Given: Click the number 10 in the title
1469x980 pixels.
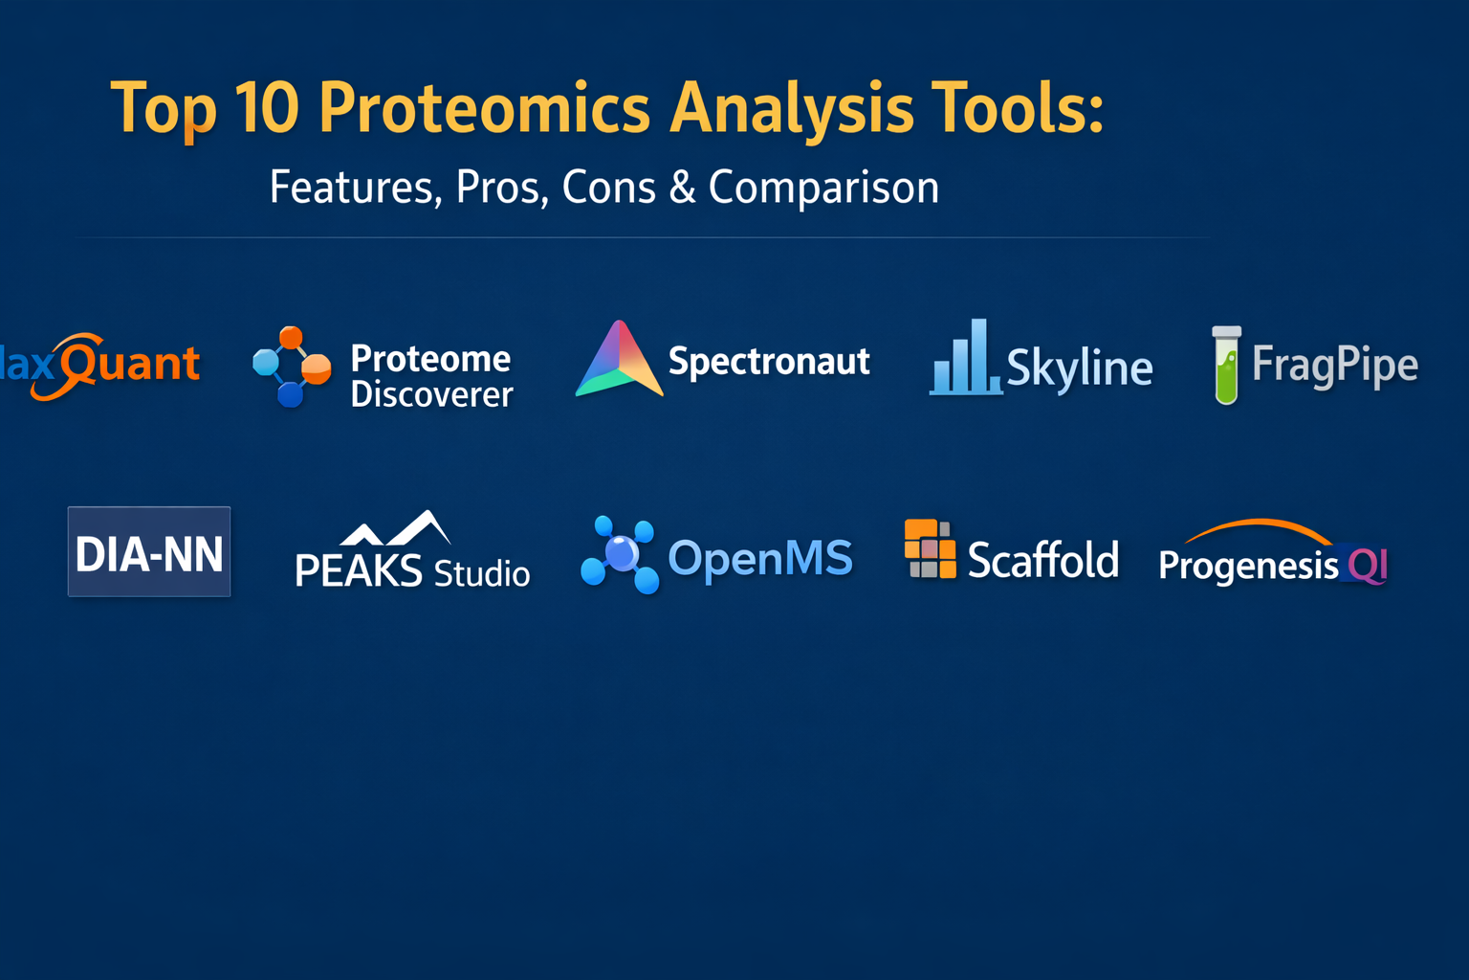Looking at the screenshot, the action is pos(267,107).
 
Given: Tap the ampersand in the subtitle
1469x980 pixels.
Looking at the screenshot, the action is pos(682,188).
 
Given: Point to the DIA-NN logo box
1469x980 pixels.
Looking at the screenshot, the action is pos(149,551).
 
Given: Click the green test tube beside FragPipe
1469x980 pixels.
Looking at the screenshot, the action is pos(1226,365).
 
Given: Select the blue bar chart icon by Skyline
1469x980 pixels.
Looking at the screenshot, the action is pos(966,357).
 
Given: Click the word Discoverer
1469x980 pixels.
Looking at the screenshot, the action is pos(431,395).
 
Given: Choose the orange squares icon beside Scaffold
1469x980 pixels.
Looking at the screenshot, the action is pos(930,548).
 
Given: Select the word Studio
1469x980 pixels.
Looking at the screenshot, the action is pos(482,573).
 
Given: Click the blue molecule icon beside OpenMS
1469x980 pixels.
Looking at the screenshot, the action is pos(619,555).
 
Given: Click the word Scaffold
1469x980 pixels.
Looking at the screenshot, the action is pos(1042,560).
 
